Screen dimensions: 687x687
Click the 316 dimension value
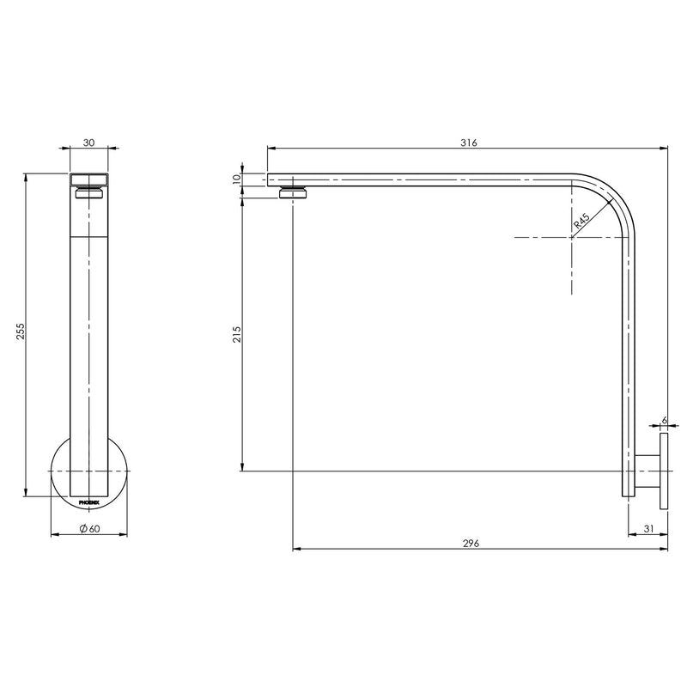[x=467, y=142]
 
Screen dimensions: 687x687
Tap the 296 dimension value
[x=470, y=543]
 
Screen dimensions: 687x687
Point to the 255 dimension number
[x=21, y=332]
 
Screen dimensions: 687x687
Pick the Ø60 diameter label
[x=90, y=529]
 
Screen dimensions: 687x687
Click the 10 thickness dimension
[x=237, y=179]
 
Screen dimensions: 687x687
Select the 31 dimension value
[x=648, y=529]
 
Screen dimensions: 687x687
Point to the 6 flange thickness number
[x=664, y=421]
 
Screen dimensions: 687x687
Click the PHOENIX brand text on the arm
[x=89, y=499]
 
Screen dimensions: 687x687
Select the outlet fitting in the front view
[x=88, y=194]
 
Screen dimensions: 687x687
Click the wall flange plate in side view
[x=664, y=471]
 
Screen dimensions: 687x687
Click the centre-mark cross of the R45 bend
[x=571, y=236]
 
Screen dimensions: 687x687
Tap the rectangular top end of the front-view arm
[x=88, y=179]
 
